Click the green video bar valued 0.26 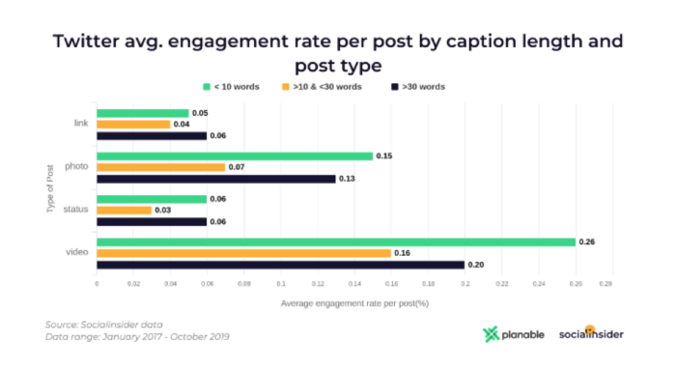pos(335,241)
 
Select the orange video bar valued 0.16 pos(243,253)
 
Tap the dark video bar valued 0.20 pos(280,265)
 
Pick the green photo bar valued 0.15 pos(234,156)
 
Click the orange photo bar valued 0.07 pos(160,167)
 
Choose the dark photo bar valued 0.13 pos(215,179)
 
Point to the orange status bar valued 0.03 pos(124,210)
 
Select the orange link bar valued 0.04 pos(133,124)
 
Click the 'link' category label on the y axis pos(81,124)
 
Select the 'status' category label pos(77,210)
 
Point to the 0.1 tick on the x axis pos(280,285)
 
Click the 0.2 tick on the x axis pos(465,285)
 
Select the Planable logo pos(513,335)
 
